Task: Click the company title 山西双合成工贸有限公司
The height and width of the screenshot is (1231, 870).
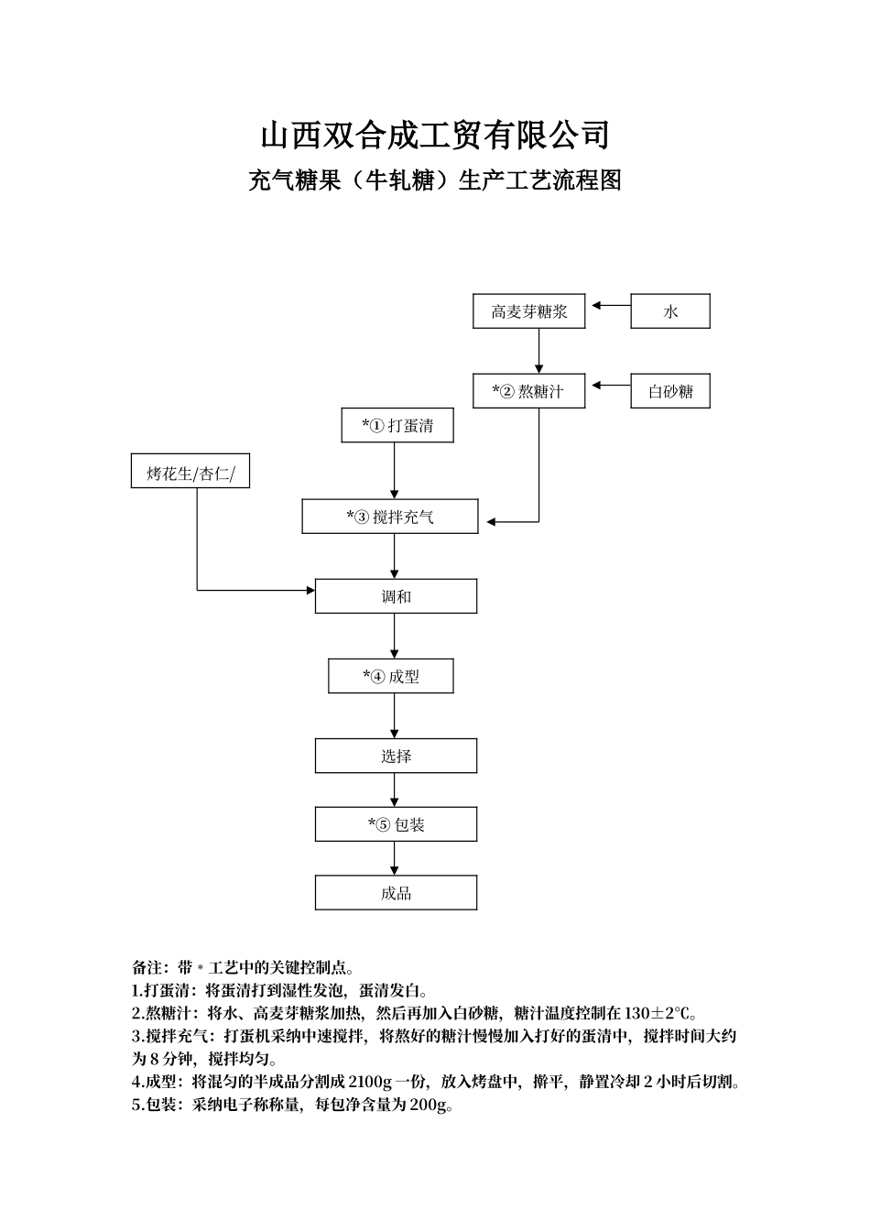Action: [x=435, y=136]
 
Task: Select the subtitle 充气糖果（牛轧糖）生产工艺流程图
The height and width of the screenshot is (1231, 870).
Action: [x=435, y=180]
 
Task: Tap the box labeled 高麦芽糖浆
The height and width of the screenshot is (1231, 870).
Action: [x=529, y=311]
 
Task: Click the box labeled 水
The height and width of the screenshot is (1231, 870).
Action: [x=670, y=311]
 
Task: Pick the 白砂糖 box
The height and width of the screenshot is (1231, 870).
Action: [x=670, y=391]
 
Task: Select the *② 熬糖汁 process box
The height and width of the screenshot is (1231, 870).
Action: [x=529, y=391]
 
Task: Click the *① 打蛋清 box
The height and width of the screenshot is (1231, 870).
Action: [x=397, y=425]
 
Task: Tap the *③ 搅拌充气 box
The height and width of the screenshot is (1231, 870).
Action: [x=390, y=517]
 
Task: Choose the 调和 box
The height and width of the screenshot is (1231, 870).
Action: [x=396, y=596]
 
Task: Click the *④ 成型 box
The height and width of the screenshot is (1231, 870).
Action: [x=391, y=677]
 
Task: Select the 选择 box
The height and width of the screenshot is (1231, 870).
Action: [x=396, y=756]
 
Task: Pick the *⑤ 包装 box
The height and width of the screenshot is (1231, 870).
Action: [x=396, y=824]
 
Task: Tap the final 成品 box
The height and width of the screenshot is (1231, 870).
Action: [x=396, y=893]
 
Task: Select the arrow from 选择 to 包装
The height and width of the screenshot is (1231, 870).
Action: [x=395, y=790]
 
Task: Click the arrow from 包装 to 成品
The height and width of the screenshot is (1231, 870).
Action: [x=395, y=858]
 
